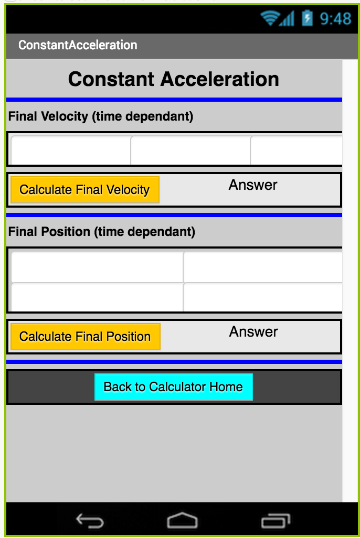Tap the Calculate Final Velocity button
85,190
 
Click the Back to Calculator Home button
174,387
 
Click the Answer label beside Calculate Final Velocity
253,185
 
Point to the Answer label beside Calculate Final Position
253,332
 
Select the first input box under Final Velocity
71,150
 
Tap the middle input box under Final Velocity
190,150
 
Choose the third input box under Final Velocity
297,150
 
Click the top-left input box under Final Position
97,267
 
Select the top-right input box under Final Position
263,267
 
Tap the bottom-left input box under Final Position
97,297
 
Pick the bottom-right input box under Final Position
263,297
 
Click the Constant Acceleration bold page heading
174,79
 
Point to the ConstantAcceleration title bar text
78,45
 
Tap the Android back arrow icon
90,521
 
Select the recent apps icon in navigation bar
276,521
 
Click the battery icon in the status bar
307,18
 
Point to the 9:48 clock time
336,18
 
